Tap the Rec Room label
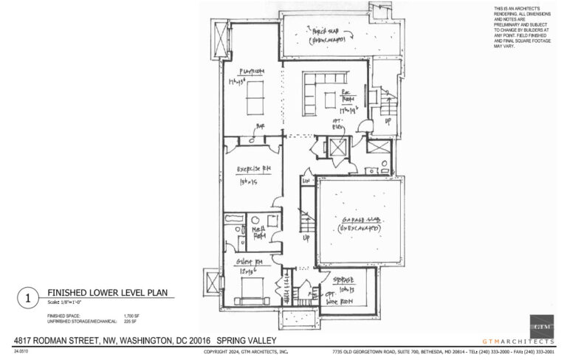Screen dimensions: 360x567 (x=346, y=98)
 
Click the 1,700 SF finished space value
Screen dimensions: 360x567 (x=131, y=315)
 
